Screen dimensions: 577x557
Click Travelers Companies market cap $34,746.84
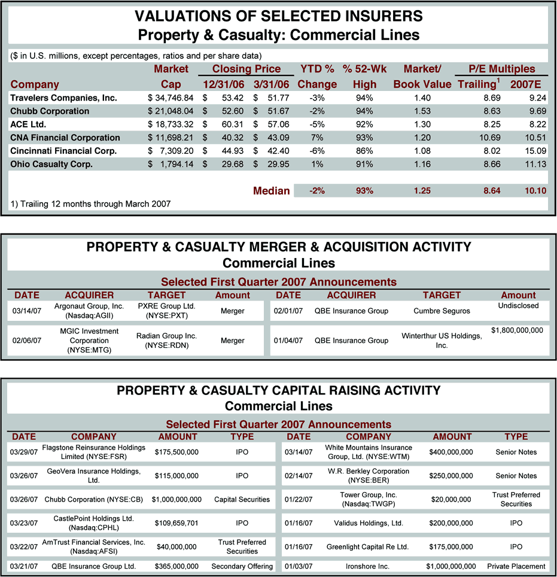pyautogui.click(x=171, y=98)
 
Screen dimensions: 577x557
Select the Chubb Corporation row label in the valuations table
pyautogui.click(x=50, y=111)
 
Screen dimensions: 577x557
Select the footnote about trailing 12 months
pyautogui.click(x=90, y=204)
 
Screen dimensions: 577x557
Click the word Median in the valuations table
pyautogui.click(x=271, y=191)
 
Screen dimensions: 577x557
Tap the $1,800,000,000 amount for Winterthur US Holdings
pyautogui.click(x=517, y=330)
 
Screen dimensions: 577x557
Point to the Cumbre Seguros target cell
pyautogui.click(x=442, y=311)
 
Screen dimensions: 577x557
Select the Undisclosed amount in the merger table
pyautogui.click(x=518, y=306)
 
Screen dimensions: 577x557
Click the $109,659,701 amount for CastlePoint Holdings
pyautogui.click(x=176, y=523)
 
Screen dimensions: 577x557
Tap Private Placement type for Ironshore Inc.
pyautogui.click(x=516, y=566)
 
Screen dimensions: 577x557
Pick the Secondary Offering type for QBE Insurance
pyautogui.click(x=242, y=566)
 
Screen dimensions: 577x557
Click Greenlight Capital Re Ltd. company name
pyautogui.click(x=367, y=547)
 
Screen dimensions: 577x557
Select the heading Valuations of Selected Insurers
pyautogui.click(x=278, y=16)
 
